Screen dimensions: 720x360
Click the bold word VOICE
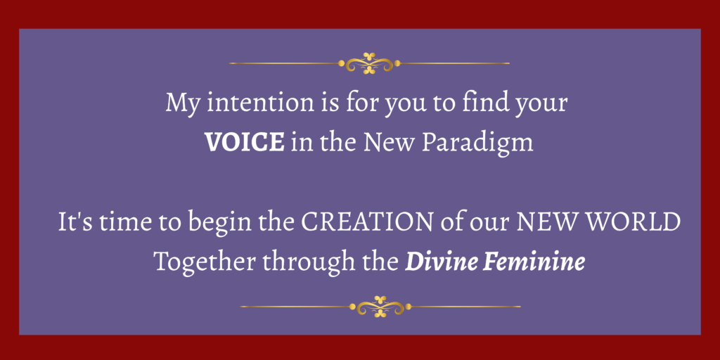pyautogui.click(x=244, y=142)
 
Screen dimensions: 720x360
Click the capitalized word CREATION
pyautogui.click(x=366, y=222)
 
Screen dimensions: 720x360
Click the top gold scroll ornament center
pyautogui.click(x=369, y=63)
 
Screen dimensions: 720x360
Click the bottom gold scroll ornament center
pyautogui.click(x=380, y=307)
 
